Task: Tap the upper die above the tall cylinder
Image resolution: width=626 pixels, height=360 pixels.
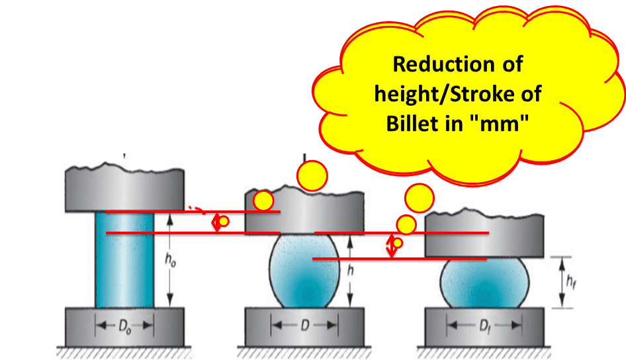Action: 124,189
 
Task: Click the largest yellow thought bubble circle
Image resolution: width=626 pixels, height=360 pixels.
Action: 312,176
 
